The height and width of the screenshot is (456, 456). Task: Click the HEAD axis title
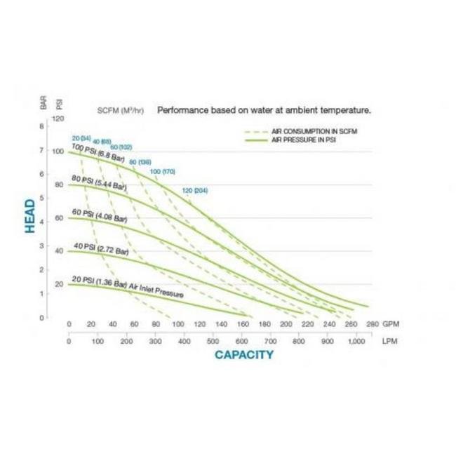29,216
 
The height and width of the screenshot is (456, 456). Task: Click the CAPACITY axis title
243,354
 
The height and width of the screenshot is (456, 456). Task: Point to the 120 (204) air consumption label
196,190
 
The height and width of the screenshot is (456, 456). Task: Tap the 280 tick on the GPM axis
372,324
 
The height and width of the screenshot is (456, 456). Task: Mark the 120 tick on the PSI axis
60,118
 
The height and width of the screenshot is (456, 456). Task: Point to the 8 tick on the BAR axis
42,127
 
